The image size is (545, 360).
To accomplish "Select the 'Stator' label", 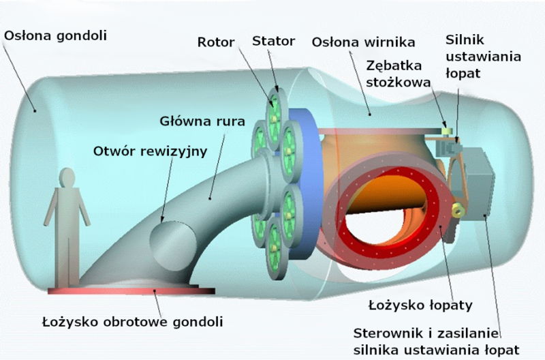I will point(273,41).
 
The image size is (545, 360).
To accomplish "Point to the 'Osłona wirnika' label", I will point(363,42).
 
